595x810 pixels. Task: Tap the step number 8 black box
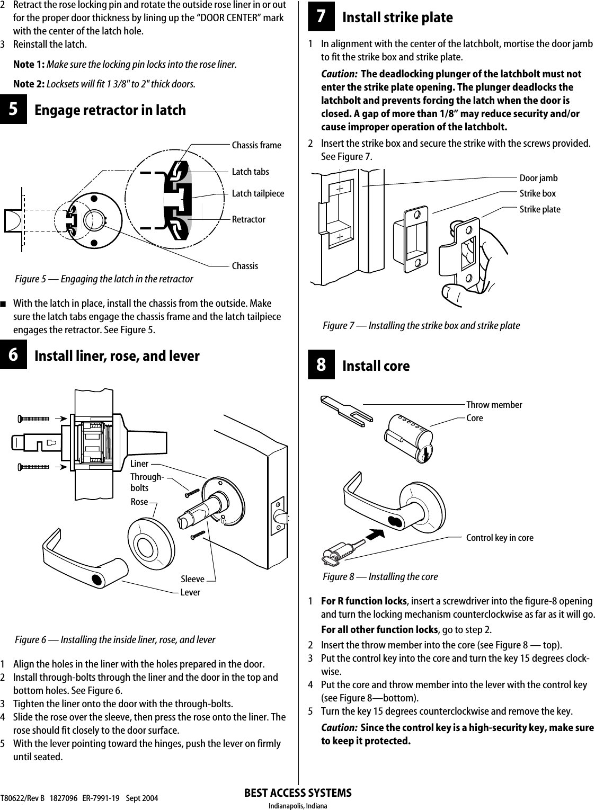point(321,366)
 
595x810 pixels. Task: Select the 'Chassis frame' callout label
point(256,145)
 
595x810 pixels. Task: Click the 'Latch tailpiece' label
point(257,193)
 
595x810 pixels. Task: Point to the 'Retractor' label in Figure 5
point(248,219)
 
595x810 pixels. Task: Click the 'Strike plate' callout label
point(539,209)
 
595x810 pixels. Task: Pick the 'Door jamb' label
point(538,178)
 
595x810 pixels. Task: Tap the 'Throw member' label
point(494,405)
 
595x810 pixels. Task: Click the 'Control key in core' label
point(500,538)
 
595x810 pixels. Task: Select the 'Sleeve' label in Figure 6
point(192,580)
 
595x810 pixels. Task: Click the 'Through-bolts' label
point(146,482)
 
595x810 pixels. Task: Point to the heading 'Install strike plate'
point(397,17)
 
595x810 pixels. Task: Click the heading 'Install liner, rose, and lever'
point(117,356)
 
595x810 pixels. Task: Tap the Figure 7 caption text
point(421,325)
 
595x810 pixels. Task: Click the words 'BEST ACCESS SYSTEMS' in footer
point(298,793)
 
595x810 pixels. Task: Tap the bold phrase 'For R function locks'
point(364,601)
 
